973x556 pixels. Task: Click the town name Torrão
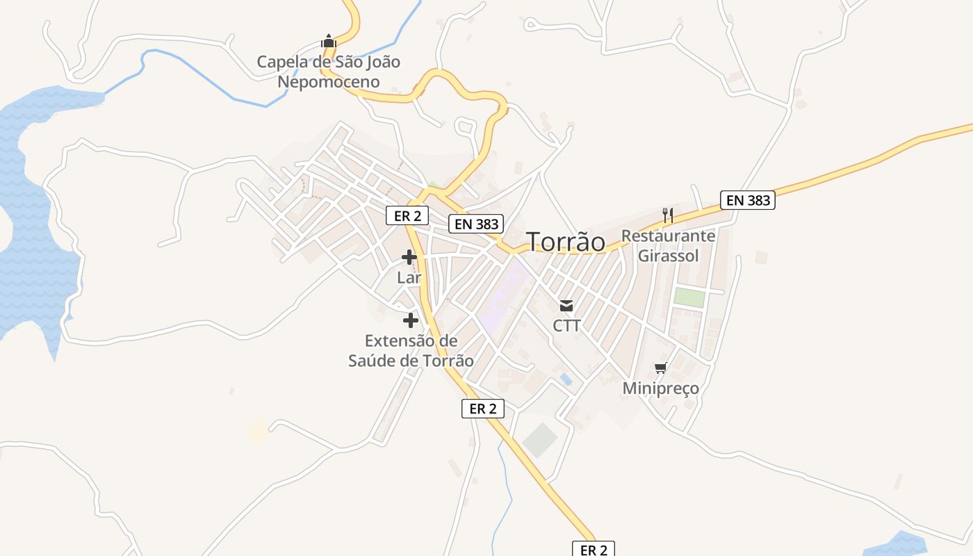[x=566, y=242]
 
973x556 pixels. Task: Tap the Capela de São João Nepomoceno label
[x=329, y=72]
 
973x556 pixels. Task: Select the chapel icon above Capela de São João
[x=329, y=41]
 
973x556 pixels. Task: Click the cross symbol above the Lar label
[x=409, y=258]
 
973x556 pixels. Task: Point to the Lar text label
[x=409, y=277]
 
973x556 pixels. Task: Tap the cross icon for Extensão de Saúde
[x=411, y=320]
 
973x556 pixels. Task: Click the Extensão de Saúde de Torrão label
[x=411, y=351]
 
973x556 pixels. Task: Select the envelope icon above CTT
[x=566, y=305]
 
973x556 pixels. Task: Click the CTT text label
[x=566, y=325]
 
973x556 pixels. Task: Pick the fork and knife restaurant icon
[x=667, y=215]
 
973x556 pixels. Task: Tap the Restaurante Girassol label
[x=668, y=245]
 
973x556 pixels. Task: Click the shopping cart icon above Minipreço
[x=660, y=368]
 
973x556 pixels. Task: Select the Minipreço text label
[x=660, y=388]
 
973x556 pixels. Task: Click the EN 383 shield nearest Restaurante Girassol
[x=747, y=200]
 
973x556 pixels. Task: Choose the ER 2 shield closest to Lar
[x=407, y=215]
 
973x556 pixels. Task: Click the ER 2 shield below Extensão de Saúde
[x=482, y=409]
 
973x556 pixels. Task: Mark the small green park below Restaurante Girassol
[x=689, y=297]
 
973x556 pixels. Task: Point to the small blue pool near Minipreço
[x=566, y=379]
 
